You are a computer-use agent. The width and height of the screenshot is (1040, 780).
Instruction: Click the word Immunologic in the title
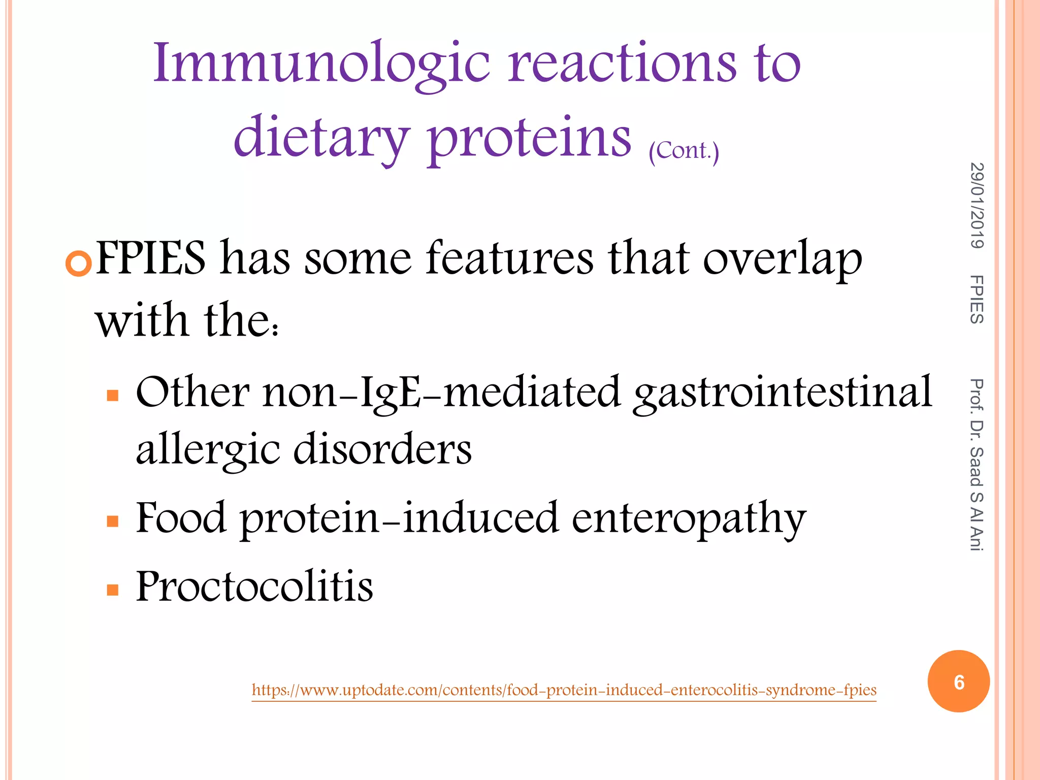[x=321, y=63]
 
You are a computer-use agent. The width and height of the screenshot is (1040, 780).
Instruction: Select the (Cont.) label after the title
[x=684, y=151]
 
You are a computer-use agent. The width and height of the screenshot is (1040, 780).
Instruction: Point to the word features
[x=509, y=258]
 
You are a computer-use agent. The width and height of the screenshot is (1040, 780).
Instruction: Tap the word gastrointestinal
[x=782, y=393]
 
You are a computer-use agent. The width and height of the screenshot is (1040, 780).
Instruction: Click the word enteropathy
[x=689, y=519]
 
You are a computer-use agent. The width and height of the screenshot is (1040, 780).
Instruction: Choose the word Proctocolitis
[x=254, y=587]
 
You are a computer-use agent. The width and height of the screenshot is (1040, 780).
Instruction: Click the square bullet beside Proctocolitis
[x=113, y=590]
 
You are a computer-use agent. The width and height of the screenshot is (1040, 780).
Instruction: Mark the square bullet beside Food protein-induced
[x=113, y=521]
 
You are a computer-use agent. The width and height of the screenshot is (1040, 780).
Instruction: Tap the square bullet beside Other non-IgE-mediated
[x=113, y=395]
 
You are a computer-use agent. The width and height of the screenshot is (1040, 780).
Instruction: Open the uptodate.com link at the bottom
[x=564, y=690]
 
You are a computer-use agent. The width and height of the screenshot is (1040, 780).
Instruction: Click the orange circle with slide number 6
[x=958, y=681]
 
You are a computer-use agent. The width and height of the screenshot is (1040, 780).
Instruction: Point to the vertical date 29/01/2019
[x=977, y=206]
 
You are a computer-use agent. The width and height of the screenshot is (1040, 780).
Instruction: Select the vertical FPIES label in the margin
[x=977, y=300]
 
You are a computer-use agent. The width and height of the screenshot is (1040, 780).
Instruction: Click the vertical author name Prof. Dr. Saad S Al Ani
[x=977, y=465]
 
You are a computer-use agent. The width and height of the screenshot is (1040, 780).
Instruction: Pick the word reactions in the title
[x=622, y=63]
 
